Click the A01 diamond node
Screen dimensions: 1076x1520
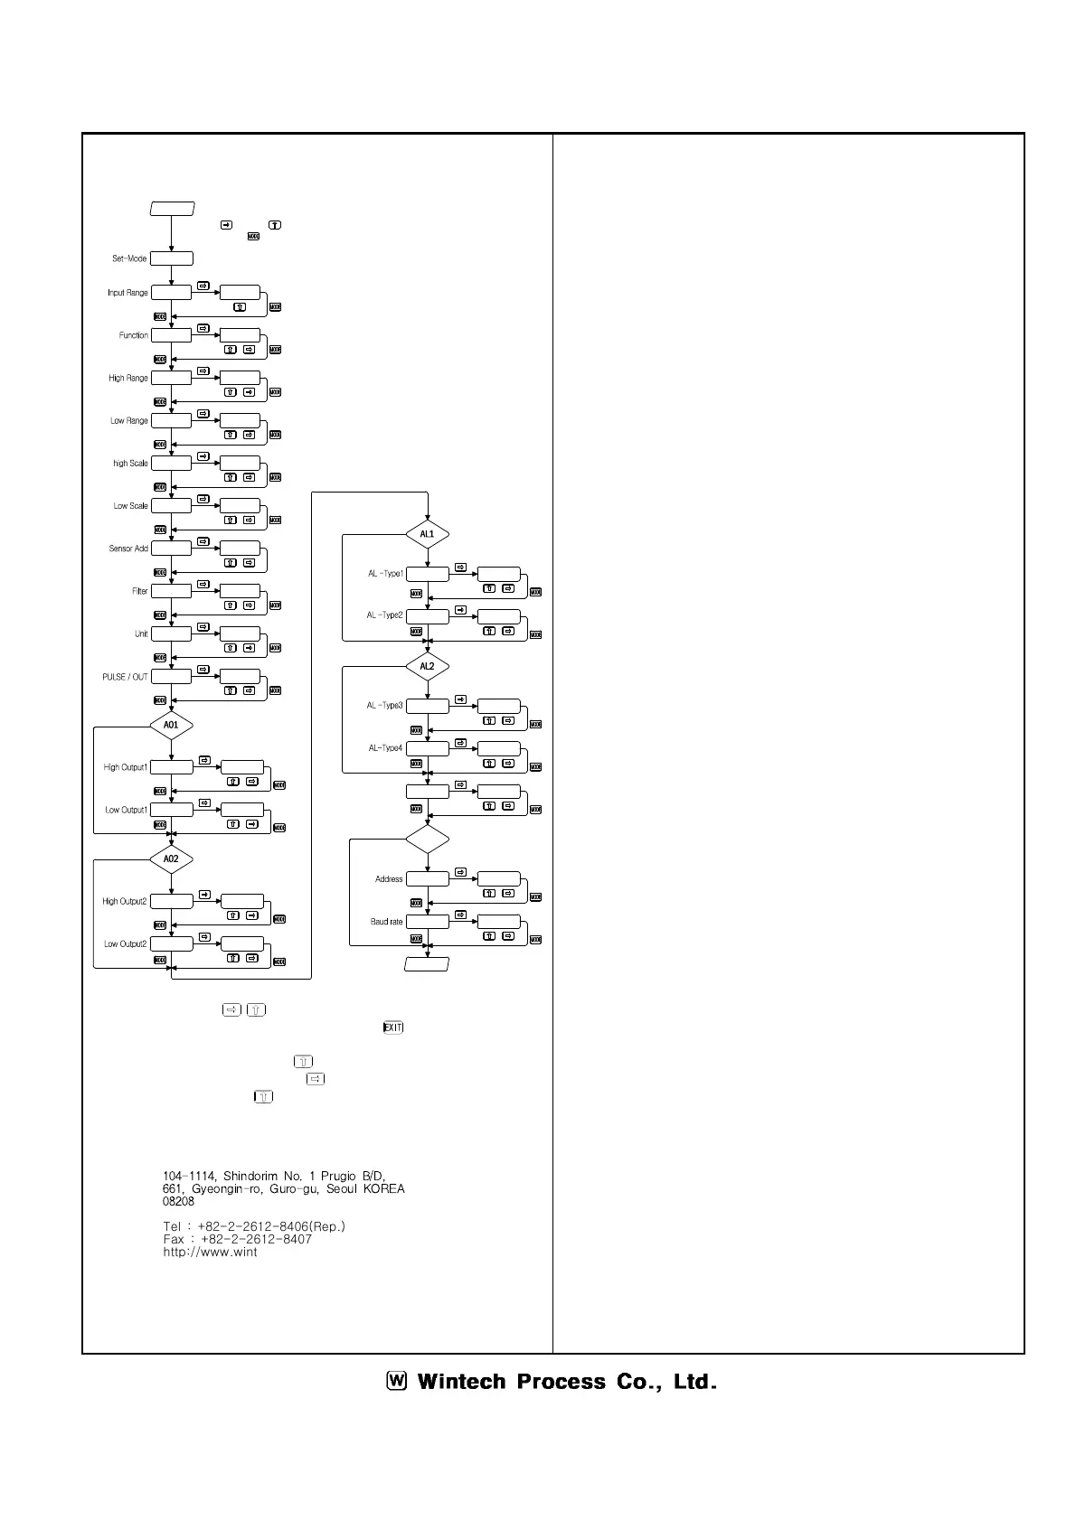point(171,725)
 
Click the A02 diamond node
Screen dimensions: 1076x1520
point(171,859)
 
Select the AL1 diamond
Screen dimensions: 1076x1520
point(427,534)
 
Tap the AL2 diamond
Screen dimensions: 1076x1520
point(427,667)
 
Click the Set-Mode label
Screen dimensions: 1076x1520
point(129,258)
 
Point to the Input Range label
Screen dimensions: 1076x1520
point(127,293)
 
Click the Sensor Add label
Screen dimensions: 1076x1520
point(128,549)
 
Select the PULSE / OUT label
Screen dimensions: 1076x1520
point(125,677)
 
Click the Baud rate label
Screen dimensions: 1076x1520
point(386,922)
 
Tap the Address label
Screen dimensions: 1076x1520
point(389,879)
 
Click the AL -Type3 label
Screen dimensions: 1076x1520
point(385,706)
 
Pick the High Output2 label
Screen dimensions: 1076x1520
point(124,901)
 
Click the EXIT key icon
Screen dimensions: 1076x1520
point(393,1027)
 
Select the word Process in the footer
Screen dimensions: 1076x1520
point(561,1382)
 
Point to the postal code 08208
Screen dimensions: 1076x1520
point(178,1201)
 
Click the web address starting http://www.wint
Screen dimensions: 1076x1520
point(210,1252)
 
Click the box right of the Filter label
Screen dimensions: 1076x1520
point(171,591)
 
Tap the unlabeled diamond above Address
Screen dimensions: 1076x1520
point(427,840)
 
